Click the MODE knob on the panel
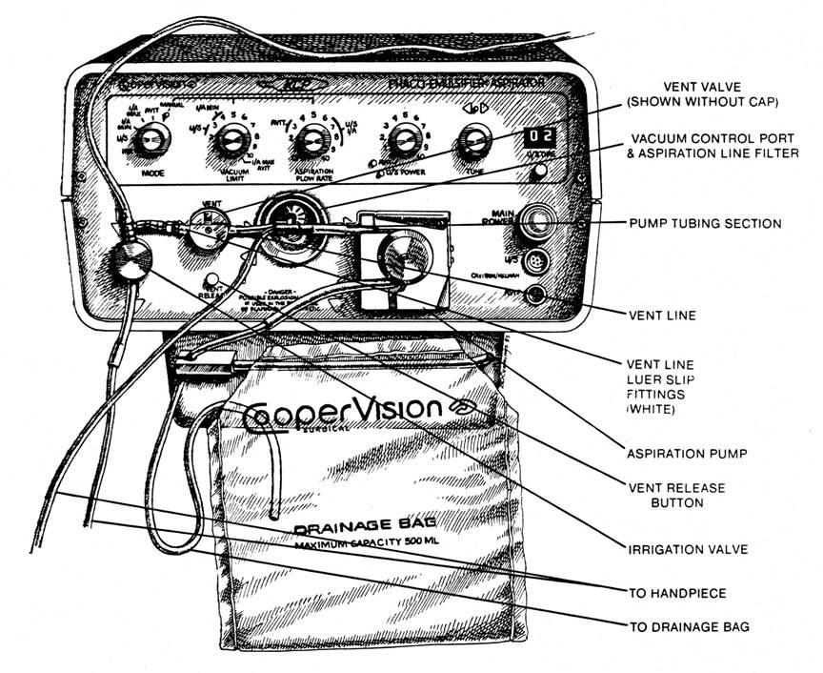[150, 144]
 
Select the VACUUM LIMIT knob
[230, 144]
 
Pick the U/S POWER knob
[404, 143]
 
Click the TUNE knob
[470, 143]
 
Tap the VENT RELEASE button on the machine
[212, 281]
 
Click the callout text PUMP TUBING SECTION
[705, 224]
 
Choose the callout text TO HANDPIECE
[677, 593]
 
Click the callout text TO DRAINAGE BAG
[689, 626]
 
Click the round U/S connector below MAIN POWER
[538, 259]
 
